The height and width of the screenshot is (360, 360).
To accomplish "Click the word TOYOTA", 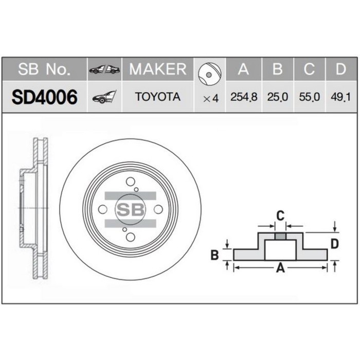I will point(157,97).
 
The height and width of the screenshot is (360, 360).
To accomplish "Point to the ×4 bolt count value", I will point(211,97).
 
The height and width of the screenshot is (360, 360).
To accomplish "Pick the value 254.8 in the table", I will point(244,97).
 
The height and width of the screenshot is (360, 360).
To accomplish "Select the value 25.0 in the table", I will point(277,97).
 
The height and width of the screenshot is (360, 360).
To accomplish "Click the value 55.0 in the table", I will point(309,97).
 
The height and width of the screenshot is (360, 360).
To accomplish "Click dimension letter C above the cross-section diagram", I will point(280,215).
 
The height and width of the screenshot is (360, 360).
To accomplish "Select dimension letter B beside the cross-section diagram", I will point(215,254).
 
